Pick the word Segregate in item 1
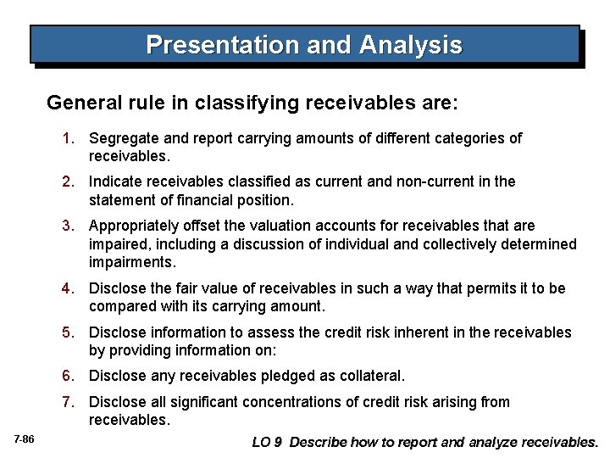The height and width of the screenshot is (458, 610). (x=120, y=138)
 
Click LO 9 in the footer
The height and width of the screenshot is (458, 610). (x=268, y=442)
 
